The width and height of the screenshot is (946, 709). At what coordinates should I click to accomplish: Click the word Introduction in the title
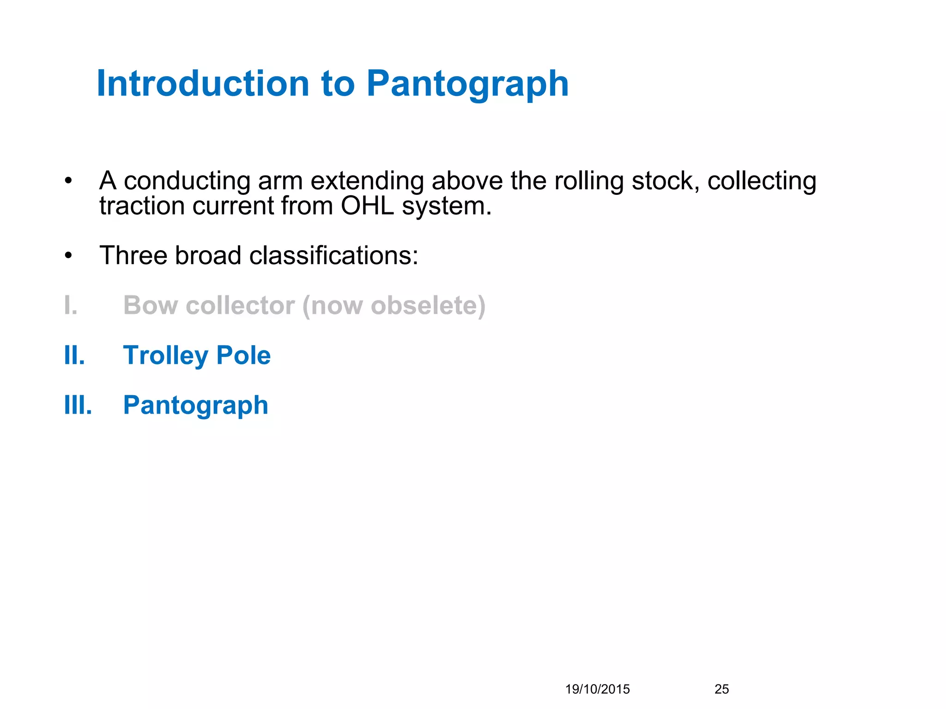[203, 84]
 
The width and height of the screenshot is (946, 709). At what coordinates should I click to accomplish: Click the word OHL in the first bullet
[367, 206]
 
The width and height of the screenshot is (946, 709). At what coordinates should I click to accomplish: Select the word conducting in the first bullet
[187, 181]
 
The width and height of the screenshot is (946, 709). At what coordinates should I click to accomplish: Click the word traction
[141, 206]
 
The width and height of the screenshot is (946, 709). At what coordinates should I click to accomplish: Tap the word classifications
[334, 255]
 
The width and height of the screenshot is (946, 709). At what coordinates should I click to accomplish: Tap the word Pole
[243, 355]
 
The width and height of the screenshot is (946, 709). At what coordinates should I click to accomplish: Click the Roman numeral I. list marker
[71, 306]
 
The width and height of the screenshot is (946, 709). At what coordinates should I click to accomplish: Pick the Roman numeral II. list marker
[74, 355]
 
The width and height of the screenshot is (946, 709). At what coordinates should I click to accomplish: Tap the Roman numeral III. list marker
[78, 405]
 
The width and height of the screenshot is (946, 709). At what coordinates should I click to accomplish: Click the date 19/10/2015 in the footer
[597, 689]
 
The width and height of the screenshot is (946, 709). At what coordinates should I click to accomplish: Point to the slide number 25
[722, 689]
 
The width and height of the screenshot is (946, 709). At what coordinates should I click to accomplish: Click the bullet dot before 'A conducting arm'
[68, 181]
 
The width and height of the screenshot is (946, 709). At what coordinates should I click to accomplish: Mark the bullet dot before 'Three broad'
[68, 256]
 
